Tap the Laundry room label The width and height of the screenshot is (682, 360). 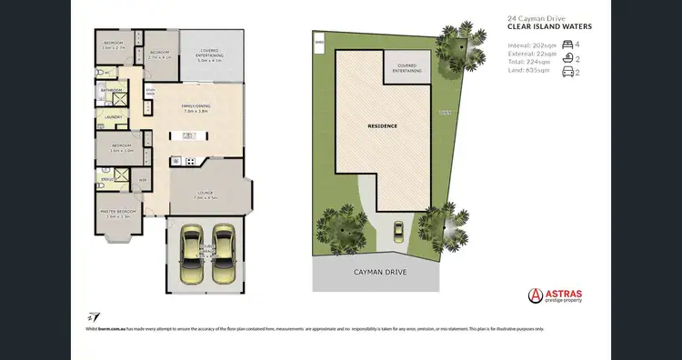(114, 116)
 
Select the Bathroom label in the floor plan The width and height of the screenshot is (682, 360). (113, 90)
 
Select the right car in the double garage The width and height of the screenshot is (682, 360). (223, 255)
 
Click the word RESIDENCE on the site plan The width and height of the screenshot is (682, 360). (382, 125)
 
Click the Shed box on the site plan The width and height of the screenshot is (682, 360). (319, 42)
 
